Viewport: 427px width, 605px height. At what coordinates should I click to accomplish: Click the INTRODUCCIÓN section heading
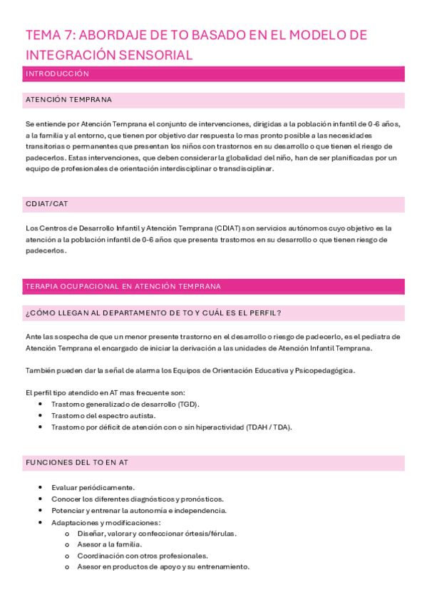[x=57, y=73]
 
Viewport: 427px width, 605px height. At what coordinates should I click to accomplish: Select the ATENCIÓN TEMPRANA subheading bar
[x=68, y=100]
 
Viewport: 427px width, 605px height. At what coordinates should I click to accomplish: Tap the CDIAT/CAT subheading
[x=46, y=205]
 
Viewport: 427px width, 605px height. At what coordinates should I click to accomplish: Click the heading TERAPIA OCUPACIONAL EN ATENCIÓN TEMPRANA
[x=123, y=286]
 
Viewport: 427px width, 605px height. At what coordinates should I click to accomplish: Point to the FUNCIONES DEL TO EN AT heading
[x=76, y=463]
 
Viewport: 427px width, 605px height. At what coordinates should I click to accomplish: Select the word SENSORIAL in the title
[x=157, y=55]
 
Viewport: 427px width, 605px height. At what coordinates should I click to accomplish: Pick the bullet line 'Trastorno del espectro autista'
[x=103, y=416]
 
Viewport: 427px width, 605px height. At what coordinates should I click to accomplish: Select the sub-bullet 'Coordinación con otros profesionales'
[x=143, y=556]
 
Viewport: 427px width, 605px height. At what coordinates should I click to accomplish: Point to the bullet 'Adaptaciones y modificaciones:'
[x=106, y=522]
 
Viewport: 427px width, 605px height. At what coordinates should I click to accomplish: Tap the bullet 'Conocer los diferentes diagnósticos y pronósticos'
[x=137, y=499]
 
